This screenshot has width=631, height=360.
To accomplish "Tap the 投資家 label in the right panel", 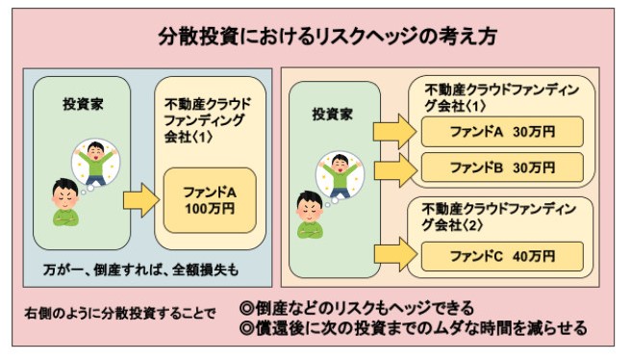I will [332, 114].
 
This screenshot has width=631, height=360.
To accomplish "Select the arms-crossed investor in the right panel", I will [311, 214].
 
